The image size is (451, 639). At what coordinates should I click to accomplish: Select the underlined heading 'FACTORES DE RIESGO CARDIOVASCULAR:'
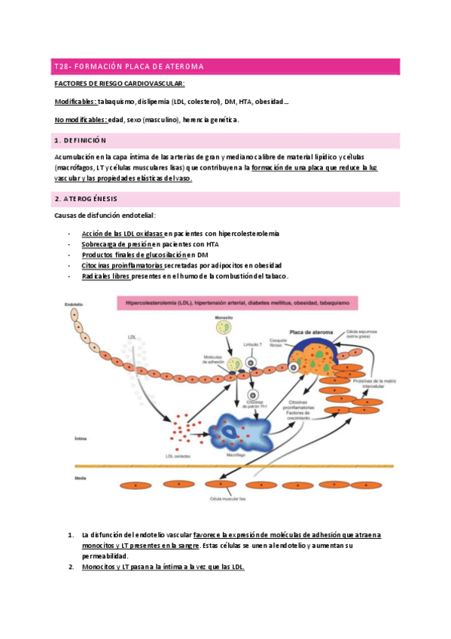120,84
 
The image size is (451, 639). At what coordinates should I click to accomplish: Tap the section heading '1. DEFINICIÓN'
81,141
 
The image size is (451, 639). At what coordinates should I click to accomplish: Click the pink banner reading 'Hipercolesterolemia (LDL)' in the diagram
237,304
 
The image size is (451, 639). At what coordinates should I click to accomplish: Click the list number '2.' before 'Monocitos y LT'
70,567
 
